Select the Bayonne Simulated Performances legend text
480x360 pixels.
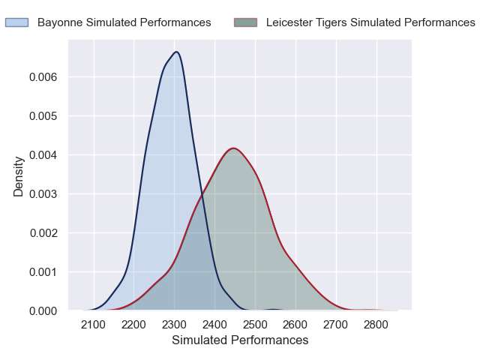click(x=124, y=22)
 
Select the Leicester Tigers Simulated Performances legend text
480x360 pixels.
click(x=370, y=22)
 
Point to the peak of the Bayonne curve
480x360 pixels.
click(x=176, y=52)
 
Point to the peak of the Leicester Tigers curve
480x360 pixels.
click(x=234, y=148)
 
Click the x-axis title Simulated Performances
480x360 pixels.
click(x=240, y=340)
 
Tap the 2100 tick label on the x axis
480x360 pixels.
click(x=94, y=324)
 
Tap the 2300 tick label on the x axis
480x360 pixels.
click(x=175, y=324)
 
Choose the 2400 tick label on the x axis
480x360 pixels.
click(x=215, y=324)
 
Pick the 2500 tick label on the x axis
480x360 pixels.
click(x=255, y=324)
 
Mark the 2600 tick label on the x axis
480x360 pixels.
click(x=295, y=324)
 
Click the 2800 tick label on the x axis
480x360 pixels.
click(x=376, y=324)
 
